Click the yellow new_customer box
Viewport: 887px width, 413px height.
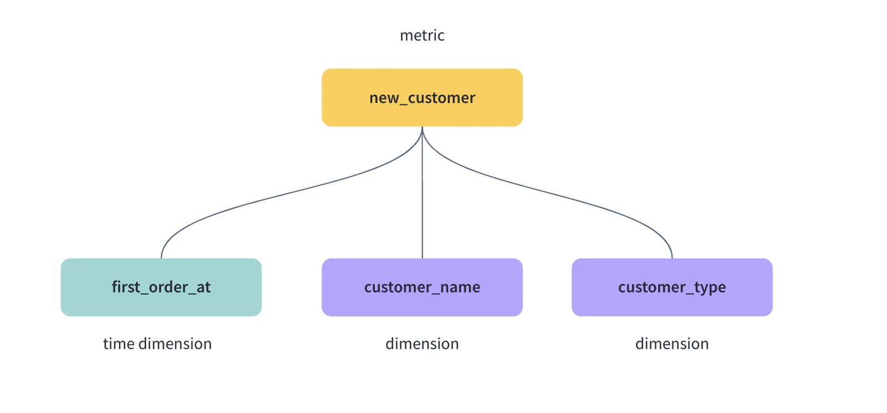tap(422, 98)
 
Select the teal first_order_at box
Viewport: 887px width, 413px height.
tap(161, 287)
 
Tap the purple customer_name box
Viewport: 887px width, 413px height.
tap(422, 287)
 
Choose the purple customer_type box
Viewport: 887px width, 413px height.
tap(672, 287)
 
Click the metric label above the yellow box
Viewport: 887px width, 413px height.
tap(422, 35)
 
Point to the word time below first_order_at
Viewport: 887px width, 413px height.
tap(119, 343)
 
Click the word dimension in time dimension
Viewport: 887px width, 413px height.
tap(175, 343)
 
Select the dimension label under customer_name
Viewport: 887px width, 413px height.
tap(422, 343)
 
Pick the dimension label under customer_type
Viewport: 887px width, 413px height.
tap(672, 343)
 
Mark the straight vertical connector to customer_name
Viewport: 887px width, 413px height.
tap(422, 192)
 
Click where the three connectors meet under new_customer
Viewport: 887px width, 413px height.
tap(422, 127)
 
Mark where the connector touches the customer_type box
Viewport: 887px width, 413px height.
tap(672, 258)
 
